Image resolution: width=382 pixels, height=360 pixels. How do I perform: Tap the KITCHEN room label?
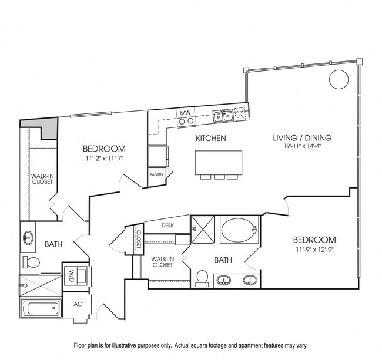point(211,139)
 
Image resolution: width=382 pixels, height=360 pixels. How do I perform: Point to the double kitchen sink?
point(223,116)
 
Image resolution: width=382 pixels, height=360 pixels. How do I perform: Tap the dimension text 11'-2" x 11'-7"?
point(104,159)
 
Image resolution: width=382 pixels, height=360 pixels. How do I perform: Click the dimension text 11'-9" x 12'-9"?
point(314,250)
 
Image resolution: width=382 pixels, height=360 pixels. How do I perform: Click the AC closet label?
point(78,304)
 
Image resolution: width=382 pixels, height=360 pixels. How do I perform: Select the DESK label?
point(167,225)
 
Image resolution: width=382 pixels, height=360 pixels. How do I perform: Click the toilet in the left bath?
point(32,261)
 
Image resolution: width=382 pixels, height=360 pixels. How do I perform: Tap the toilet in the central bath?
point(202,277)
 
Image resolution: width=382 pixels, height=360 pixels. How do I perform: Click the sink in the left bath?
point(28,238)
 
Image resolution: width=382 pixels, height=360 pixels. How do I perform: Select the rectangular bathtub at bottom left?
point(41,308)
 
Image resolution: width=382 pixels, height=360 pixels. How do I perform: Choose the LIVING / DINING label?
point(302,138)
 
